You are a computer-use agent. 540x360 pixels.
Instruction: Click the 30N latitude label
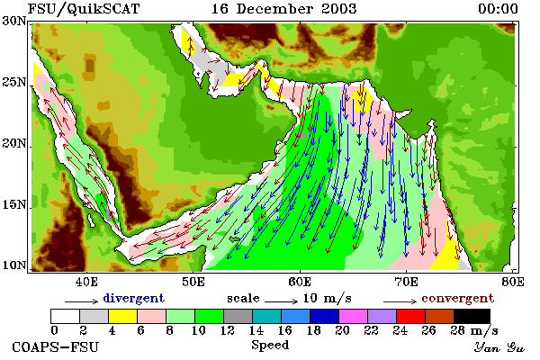pos(13,21)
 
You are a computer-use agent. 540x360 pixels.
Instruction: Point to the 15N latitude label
pos(13,205)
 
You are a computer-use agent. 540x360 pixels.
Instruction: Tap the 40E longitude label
pos(86,282)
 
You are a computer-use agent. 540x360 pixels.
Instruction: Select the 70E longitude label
pos(407,282)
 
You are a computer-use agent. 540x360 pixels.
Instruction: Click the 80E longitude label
pos(513,282)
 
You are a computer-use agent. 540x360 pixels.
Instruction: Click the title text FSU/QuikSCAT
pos(84,9)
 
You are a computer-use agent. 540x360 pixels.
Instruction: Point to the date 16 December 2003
pos(284,9)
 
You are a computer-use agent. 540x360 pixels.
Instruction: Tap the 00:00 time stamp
pos(498,9)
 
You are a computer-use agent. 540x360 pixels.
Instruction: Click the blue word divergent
pos(133,298)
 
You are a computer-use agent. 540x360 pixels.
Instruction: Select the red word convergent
pos(458,298)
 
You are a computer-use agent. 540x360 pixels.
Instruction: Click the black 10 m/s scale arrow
pos(281,301)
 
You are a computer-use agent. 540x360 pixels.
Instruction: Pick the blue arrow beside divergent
pos(82,301)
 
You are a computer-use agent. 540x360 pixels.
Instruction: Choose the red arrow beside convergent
pos(400,301)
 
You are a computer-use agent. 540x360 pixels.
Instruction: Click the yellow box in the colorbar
pos(123,316)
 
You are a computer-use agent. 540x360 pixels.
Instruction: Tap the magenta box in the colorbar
pos(354,316)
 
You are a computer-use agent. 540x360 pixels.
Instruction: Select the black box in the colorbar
pos(472,316)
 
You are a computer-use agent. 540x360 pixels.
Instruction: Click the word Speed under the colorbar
pos(270,346)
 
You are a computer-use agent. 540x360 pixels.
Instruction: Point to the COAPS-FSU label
pos(56,346)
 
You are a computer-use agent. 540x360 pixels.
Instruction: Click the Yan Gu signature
pos(499,347)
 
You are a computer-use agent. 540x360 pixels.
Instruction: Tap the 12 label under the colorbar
pos(228,330)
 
